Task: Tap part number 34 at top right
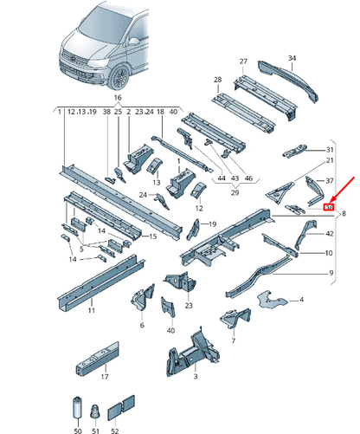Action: [x=292, y=58]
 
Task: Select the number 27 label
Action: [x=244, y=62]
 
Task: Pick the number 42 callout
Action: [x=330, y=235]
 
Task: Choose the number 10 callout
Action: [x=328, y=253]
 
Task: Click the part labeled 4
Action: [x=300, y=300]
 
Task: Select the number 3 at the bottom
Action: [x=196, y=378]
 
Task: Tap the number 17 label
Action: [x=104, y=377]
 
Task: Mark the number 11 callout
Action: [x=92, y=309]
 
